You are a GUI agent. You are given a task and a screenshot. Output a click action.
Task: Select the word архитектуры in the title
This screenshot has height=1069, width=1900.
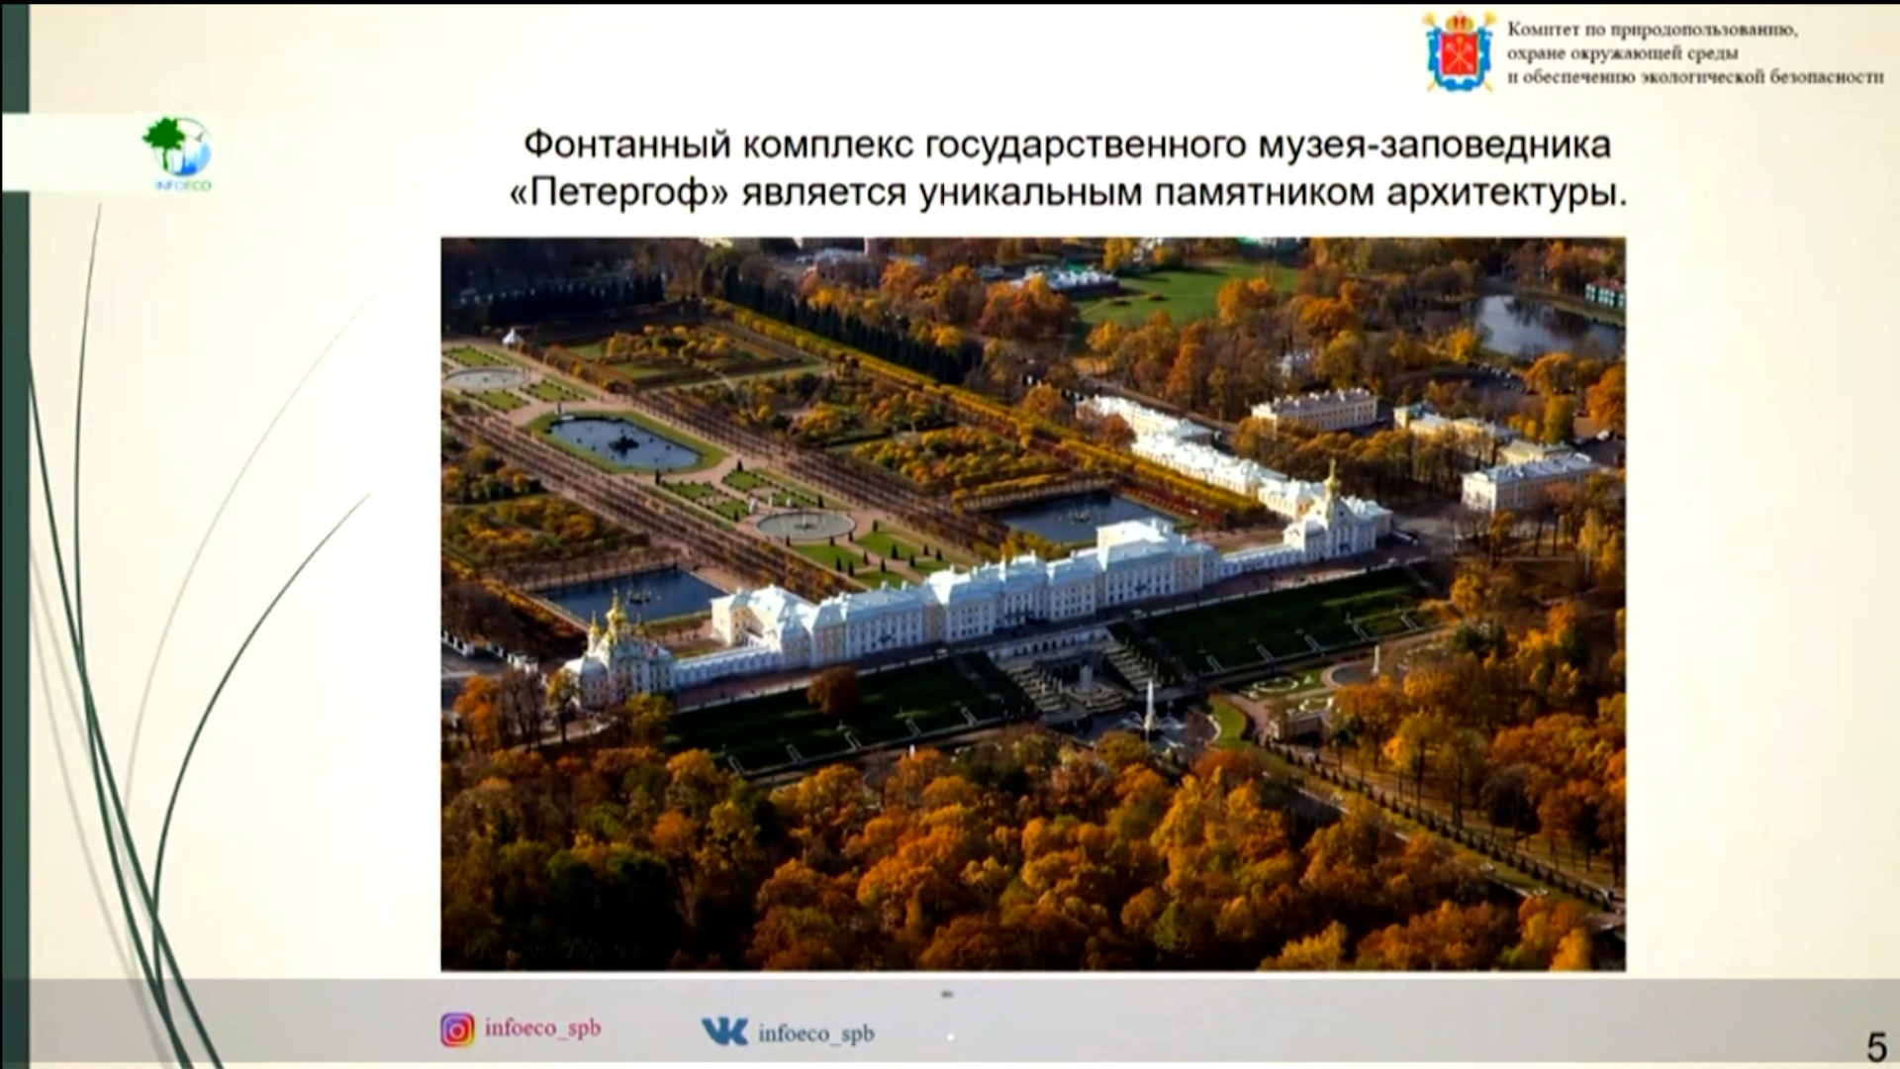1506,193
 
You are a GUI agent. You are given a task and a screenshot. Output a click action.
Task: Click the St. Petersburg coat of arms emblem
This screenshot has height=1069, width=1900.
1460,51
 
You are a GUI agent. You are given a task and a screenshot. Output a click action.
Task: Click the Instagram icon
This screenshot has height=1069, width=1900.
457,1030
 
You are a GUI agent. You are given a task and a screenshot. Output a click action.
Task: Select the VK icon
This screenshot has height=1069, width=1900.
724,1031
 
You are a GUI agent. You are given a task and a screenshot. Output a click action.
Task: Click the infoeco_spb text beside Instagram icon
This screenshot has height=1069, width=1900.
542,1028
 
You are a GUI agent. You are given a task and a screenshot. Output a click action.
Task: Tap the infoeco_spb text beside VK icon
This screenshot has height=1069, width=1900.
816,1033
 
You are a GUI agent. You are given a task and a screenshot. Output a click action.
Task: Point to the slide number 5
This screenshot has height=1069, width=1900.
1876,1046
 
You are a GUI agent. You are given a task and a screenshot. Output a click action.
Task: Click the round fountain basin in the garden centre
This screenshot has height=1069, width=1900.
805,524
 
